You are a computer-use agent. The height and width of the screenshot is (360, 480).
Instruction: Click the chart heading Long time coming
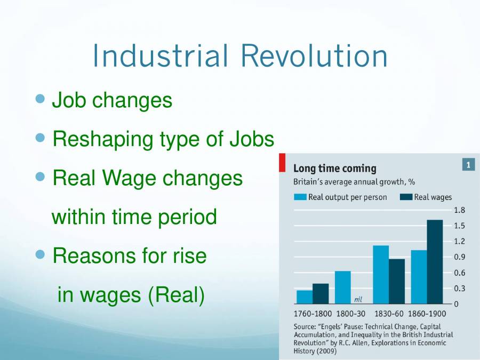[x=334, y=169]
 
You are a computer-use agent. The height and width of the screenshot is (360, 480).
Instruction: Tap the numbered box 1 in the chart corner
[x=468, y=165]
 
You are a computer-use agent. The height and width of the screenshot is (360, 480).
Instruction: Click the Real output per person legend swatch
[x=300, y=197]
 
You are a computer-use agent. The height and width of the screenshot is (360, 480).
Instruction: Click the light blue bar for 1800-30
[x=343, y=287]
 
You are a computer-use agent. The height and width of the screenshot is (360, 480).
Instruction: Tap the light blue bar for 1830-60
[x=380, y=274]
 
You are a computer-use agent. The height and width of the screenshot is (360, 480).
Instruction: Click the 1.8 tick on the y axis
[x=459, y=210]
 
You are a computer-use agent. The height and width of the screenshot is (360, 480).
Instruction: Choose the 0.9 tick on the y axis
[x=459, y=257]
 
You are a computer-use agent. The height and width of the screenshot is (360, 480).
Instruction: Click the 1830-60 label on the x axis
[x=389, y=314]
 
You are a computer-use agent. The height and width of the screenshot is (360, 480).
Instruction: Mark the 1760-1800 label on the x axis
[x=313, y=314]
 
